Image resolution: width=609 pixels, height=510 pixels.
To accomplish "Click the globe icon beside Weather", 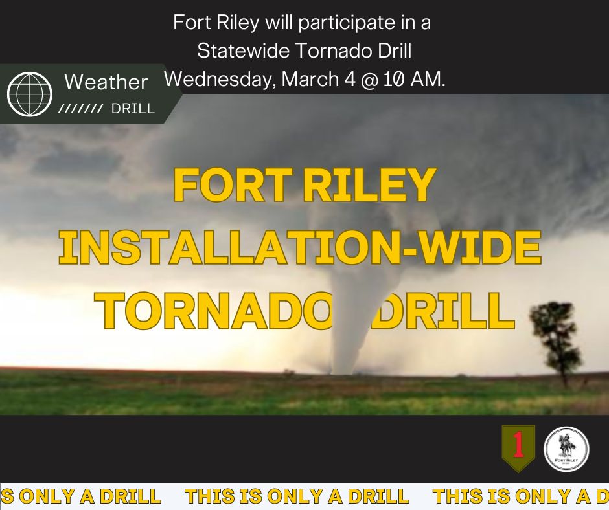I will pos(29,94).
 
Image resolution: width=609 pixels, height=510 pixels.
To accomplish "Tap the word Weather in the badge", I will pos(106,82).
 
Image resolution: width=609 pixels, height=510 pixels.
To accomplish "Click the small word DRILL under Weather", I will pos(133,109).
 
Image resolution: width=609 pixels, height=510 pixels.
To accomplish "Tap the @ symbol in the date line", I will pos(367,79).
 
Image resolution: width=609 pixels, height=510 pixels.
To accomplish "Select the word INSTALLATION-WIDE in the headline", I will pos(300,248).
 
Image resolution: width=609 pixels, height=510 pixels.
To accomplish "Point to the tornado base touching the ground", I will pos(341,369).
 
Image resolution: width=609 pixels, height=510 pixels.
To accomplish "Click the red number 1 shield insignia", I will pos(518,447).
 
